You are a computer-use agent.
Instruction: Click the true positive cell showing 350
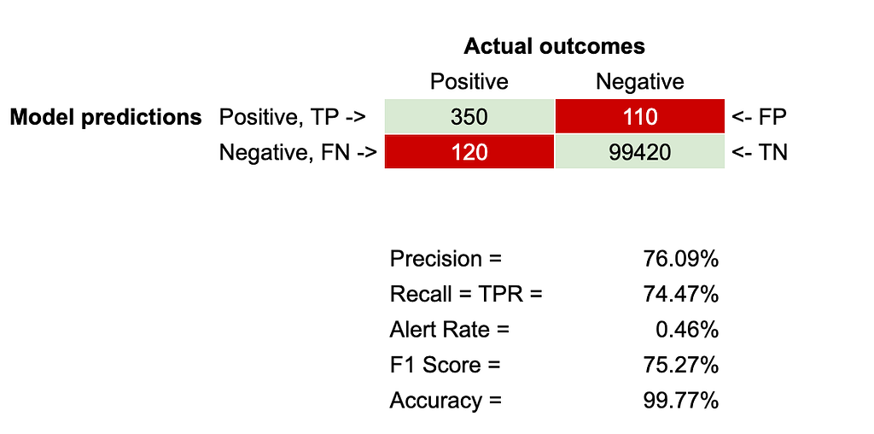pos(469,116)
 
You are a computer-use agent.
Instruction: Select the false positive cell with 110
pos(640,116)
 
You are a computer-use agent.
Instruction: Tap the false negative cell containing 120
pos(469,151)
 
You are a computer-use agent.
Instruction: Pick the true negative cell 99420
pos(640,151)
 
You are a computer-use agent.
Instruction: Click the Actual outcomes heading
pos(554,46)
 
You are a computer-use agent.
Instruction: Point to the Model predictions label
pos(106,117)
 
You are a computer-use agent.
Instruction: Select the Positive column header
pos(469,82)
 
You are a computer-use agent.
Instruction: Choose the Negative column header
pos(640,82)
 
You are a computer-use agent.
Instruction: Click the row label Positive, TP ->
pos(293,117)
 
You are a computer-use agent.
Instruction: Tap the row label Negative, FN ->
pos(298,152)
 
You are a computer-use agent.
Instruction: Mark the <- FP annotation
pos(759,117)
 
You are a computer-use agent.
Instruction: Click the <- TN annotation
pos(759,152)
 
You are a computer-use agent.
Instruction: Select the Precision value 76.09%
pos(680,259)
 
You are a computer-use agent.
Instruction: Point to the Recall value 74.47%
pos(680,294)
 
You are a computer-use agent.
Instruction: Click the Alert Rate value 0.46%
pos(687,330)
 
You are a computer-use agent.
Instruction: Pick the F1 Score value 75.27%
pos(680,366)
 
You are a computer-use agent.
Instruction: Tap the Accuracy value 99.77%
pos(680,401)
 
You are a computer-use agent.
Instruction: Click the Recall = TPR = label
pos(466,294)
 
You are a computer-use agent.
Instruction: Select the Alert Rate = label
pos(449,330)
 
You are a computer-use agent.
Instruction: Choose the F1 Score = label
pos(445,366)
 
